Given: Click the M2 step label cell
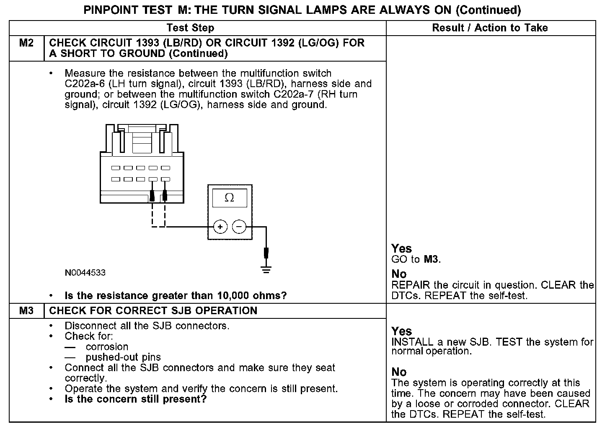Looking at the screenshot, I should pyautogui.click(x=26, y=43).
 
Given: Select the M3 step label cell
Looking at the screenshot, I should pyautogui.click(x=26, y=311).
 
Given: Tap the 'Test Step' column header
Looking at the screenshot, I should pyautogui.click(x=190, y=28).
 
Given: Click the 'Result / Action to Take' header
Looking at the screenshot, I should pyautogui.click(x=490, y=28).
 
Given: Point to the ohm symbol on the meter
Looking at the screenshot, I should pyautogui.click(x=229, y=198).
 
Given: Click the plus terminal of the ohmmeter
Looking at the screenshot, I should pyautogui.click(x=220, y=227).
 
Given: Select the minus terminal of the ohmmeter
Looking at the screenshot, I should pyautogui.click(x=239, y=227).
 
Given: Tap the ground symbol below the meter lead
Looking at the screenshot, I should pyautogui.click(x=266, y=269).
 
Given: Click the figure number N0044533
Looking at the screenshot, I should pyautogui.click(x=85, y=273).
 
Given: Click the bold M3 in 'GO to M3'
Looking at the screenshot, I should pyautogui.click(x=431, y=259).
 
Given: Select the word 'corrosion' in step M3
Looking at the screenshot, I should pyautogui.click(x=107, y=347).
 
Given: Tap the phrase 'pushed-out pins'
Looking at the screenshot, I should pyautogui.click(x=123, y=357).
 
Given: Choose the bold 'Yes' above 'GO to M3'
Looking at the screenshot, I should pyautogui.click(x=401, y=248).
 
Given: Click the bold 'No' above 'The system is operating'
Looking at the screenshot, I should pyautogui.click(x=399, y=372).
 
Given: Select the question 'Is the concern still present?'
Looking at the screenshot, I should pyautogui.click(x=136, y=399).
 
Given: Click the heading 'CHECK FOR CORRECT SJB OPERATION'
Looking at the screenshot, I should pyautogui.click(x=153, y=311).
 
